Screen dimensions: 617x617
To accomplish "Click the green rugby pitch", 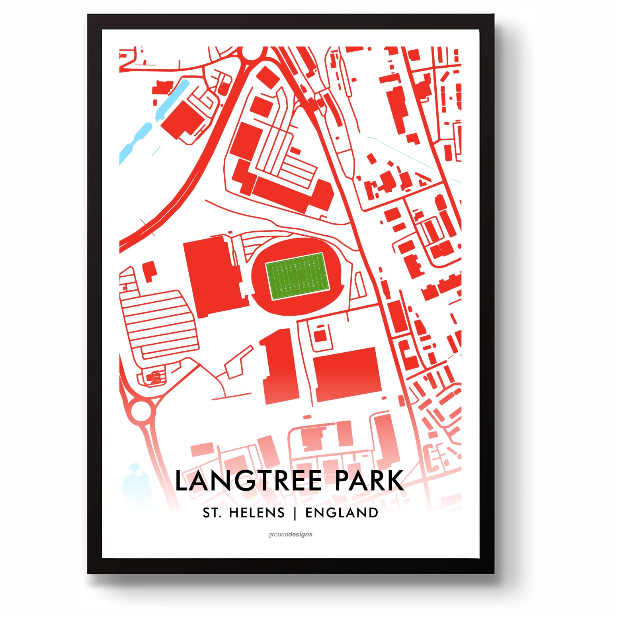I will (x=297, y=276).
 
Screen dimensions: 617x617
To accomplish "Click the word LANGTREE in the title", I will (x=248, y=481).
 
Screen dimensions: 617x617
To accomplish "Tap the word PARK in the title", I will (x=369, y=481).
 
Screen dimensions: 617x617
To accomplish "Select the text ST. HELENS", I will (x=244, y=513).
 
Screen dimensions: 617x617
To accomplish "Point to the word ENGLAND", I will (x=342, y=513).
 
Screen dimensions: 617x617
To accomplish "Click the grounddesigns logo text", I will (x=290, y=534).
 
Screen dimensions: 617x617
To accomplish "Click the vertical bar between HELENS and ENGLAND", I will (x=295, y=513).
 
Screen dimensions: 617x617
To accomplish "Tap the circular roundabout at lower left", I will (x=141, y=410).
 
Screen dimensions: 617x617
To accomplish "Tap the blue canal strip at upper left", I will (x=135, y=139).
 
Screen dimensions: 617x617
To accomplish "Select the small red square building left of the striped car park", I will (x=150, y=271).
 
